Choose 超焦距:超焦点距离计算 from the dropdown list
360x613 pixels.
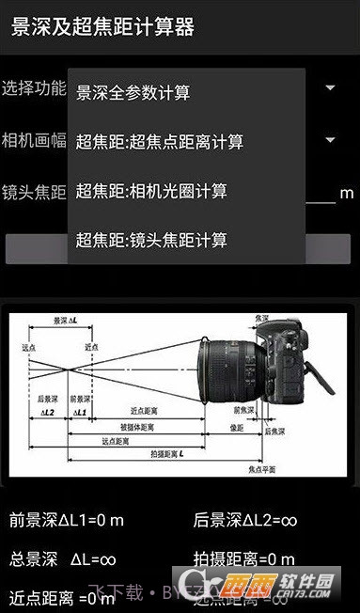pyautogui.click(x=160, y=142)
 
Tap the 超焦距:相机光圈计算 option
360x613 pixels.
pyautogui.click(x=151, y=191)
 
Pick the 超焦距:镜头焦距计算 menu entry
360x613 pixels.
pyautogui.click(x=151, y=240)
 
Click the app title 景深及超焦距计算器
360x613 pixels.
pyautogui.click(x=102, y=26)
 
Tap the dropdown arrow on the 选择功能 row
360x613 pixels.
pyautogui.click(x=331, y=88)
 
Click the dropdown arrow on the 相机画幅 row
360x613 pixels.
pyautogui.click(x=331, y=140)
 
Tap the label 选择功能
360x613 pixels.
pyautogui.click(x=34, y=88)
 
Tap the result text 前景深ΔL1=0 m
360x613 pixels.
pyautogui.click(x=67, y=520)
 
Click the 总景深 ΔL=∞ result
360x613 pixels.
pyautogui.click(x=62, y=559)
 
